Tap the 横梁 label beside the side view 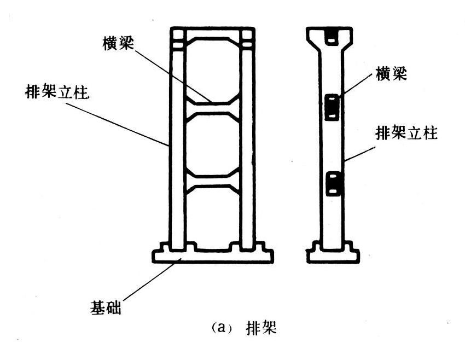[x=391, y=74]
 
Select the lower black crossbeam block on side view [x=333, y=184]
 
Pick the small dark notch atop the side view [x=333, y=36]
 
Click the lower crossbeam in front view [x=212, y=181]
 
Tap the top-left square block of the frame [x=178, y=37]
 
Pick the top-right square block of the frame [x=246, y=37]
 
